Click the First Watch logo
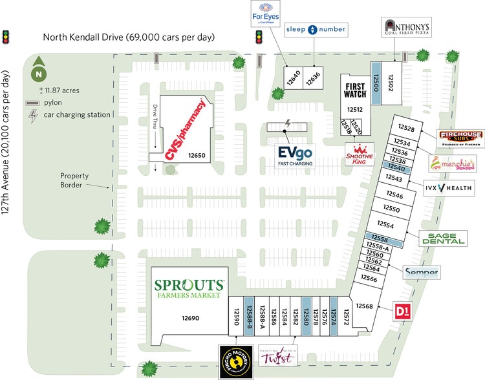coord(354,90)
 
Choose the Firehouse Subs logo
coord(460,137)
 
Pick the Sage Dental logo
coord(444,238)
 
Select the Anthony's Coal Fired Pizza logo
coord(404,26)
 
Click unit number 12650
coord(197,156)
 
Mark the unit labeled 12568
coord(366,306)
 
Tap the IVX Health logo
coord(449,189)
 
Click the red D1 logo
coord(403,311)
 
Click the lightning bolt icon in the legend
coord(32,116)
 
